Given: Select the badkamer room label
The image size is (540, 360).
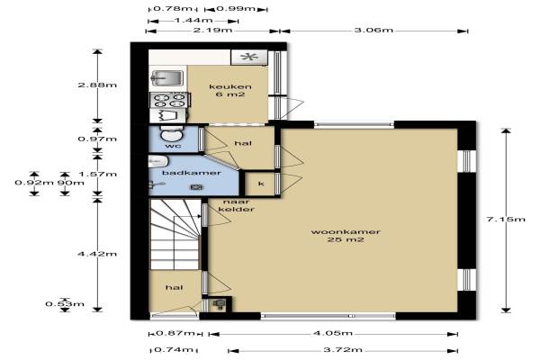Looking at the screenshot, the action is tap(192, 173).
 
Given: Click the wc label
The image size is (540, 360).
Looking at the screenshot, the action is tap(174, 146).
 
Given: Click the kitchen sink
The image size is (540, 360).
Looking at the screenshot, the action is tap(167, 78).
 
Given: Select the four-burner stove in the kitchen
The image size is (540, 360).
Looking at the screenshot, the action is tap(169, 100).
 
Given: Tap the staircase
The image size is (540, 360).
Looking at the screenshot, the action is tap(175, 234).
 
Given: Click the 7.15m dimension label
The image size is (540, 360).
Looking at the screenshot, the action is tap(506, 219).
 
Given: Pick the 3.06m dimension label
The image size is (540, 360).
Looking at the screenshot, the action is tap(373, 31).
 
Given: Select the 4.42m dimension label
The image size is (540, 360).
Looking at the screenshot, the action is tap(97, 254).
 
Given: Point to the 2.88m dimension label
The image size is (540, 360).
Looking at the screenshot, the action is tap(97, 85).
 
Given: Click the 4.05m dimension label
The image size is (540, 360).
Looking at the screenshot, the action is tap(333, 333).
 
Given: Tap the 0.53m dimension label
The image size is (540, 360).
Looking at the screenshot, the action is tap(65, 304).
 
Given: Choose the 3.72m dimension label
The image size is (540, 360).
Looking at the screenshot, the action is tap(343, 350).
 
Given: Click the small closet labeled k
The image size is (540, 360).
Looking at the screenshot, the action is tap(260, 184).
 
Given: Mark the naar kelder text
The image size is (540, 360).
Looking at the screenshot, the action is tap(237, 205).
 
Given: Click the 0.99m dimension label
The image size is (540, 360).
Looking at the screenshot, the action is tap(236, 9).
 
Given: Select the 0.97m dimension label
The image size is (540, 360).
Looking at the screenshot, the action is tap(97, 139).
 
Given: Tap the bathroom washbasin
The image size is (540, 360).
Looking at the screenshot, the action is tap(158, 161).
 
